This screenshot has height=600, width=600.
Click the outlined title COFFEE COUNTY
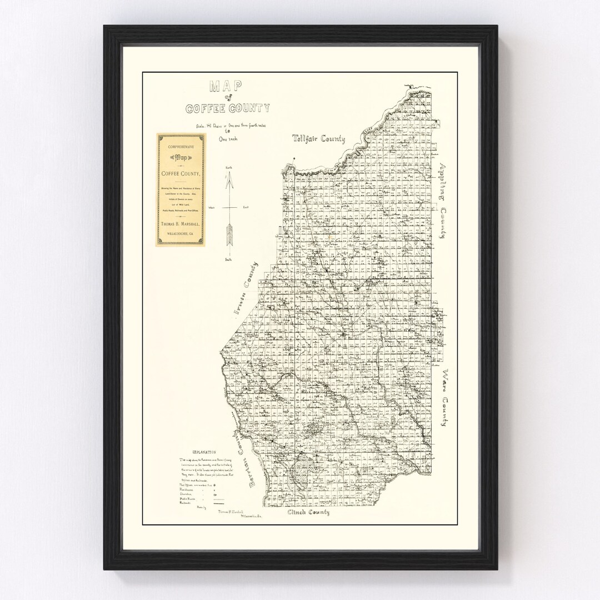(x=229, y=108)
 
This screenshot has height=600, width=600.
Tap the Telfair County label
(x=319, y=139)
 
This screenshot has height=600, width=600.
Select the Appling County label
(x=443, y=201)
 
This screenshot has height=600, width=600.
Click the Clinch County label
(x=308, y=512)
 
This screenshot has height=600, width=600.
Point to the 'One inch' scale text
(x=228, y=139)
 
